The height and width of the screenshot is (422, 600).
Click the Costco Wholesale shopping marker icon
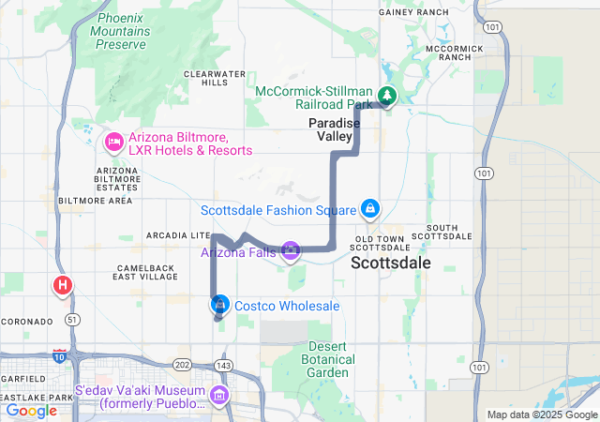click(219, 305)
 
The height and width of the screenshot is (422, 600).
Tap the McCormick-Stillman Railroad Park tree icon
click(386, 97)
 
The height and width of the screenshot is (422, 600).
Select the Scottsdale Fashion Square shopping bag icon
click(370, 208)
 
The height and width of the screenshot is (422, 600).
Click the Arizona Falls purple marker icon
click(291, 250)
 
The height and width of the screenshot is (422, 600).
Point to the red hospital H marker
click(64, 284)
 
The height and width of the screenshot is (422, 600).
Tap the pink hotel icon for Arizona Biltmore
click(113, 143)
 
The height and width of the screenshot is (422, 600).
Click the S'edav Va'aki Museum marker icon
click(219, 396)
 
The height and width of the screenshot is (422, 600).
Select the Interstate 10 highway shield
click(60, 355)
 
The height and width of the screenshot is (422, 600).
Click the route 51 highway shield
click(73, 320)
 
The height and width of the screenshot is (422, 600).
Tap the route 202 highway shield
click(183, 364)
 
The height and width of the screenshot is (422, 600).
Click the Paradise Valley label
click(330, 129)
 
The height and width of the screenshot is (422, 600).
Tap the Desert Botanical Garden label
click(329, 359)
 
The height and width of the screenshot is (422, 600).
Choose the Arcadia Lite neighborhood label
click(175, 234)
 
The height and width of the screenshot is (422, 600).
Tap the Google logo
click(31, 410)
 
